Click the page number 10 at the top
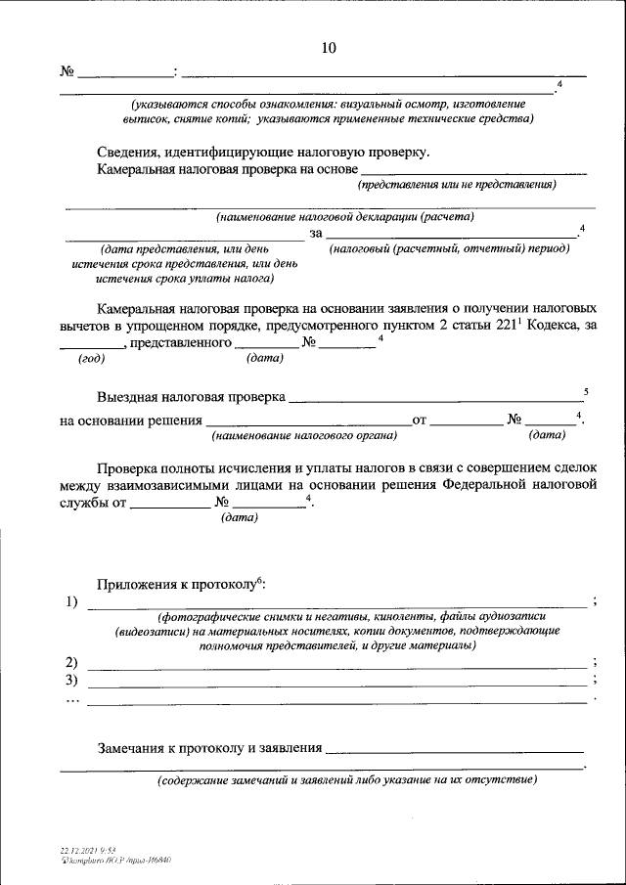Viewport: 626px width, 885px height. click(329, 47)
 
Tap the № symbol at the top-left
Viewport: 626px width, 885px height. click(67, 72)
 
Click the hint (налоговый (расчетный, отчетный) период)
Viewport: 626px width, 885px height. click(449, 248)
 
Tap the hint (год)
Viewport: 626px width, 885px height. click(92, 358)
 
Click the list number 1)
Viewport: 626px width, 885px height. click(70, 601)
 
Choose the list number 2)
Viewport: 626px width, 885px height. click(70, 662)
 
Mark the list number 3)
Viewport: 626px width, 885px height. click(70, 680)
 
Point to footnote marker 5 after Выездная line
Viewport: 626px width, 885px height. click(585, 392)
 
